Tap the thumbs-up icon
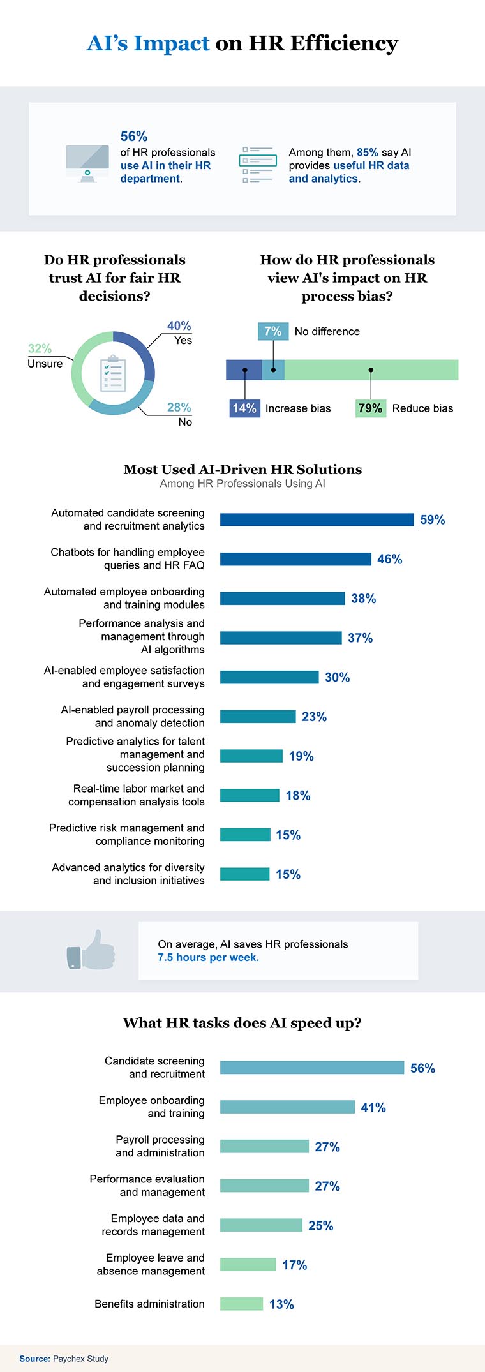(x=91, y=950)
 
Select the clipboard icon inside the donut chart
(x=112, y=373)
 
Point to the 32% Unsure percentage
(x=40, y=348)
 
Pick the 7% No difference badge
(x=272, y=331)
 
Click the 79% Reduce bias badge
(x=370, y=408)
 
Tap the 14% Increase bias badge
(x=244, y=408)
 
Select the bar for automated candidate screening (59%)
(x=317, y=519)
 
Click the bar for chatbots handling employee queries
(x=295, y=559)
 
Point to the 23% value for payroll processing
(x=314, y=717)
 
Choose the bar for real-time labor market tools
(x=250, y=795)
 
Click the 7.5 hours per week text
(x=208, y=957)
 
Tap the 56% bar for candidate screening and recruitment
(x=312, y=1068)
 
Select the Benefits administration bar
(x=241, y=1304)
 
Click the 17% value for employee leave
(x=294, y=1265)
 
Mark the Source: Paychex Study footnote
(x=64, y=1359)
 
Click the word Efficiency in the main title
(x=344, y=43)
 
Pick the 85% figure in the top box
(x=368, y=153)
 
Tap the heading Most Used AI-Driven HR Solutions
(x=243, y=470)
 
